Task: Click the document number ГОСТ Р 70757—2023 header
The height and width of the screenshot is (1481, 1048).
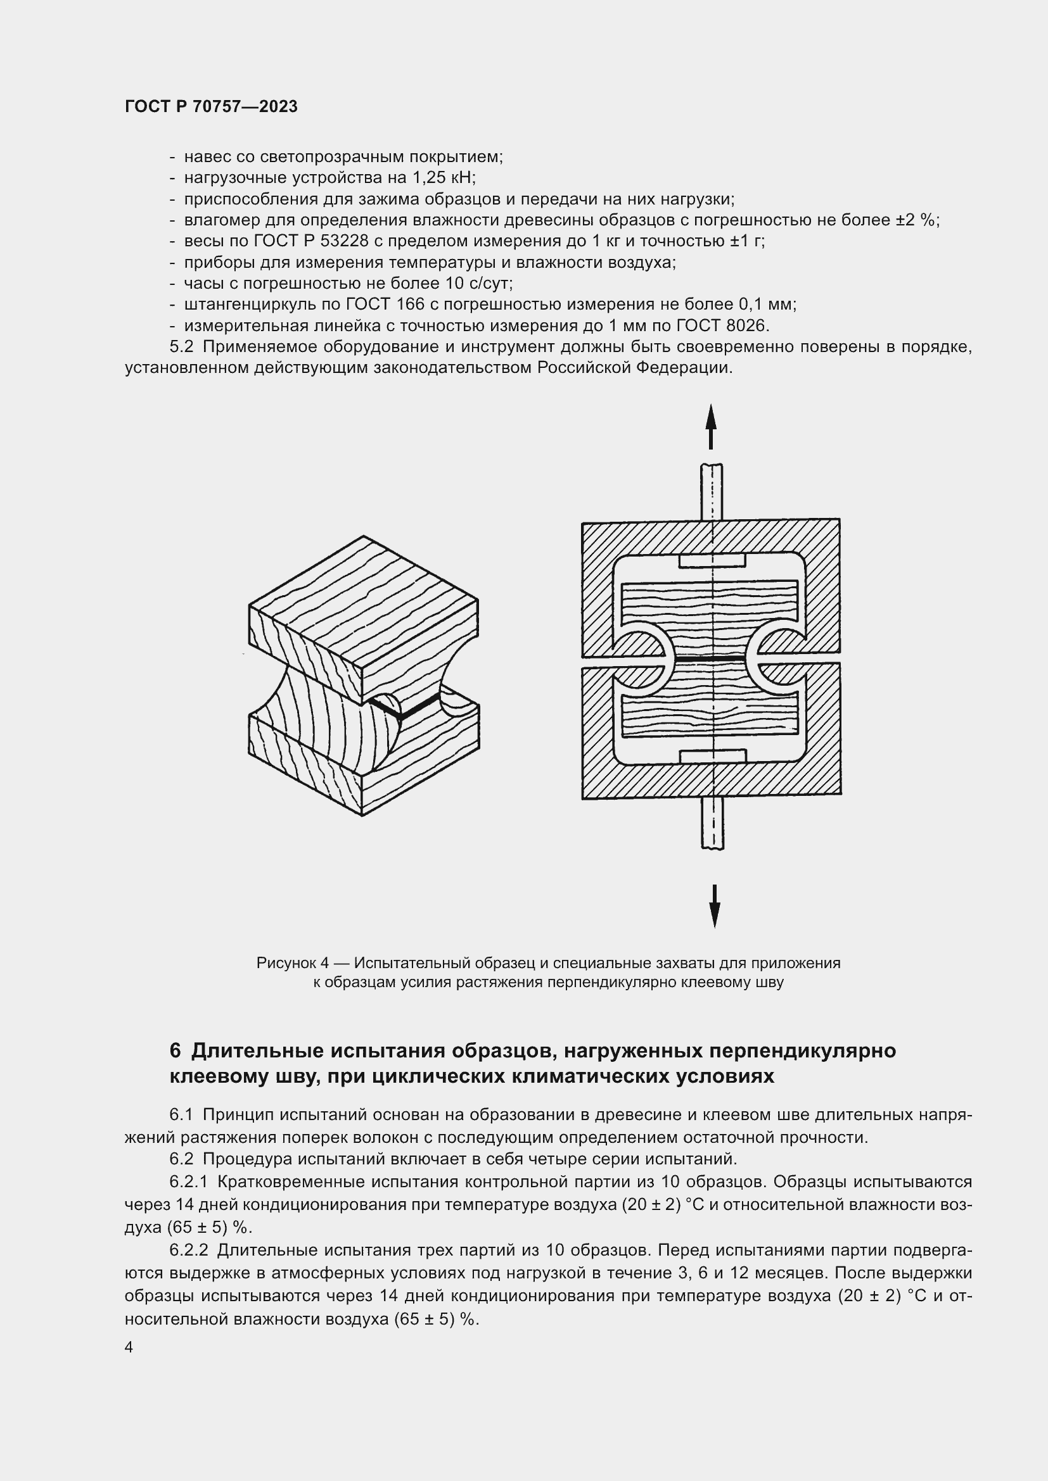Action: (211, 107)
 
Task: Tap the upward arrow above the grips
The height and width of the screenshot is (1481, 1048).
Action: (710, 425)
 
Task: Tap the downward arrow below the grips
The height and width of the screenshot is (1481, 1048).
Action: (714, 906)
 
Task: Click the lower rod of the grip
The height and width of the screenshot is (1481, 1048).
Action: (712, 824)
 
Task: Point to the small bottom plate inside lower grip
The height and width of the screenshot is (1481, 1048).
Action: (712, 756)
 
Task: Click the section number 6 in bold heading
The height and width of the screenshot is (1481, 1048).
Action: (175, 1051)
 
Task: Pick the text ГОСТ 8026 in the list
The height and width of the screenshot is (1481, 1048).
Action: (727, 325)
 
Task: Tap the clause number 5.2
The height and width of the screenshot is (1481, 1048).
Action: (181, 347)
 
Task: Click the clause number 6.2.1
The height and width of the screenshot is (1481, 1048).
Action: (188, 1181)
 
